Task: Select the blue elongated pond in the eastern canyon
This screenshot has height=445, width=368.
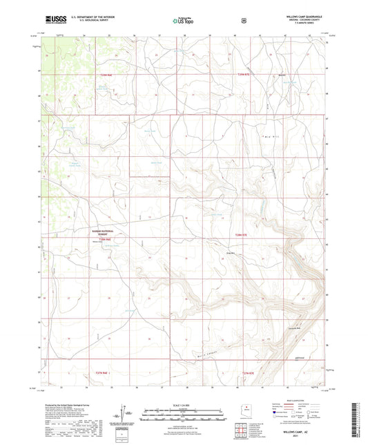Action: click(x=264, y=205)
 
